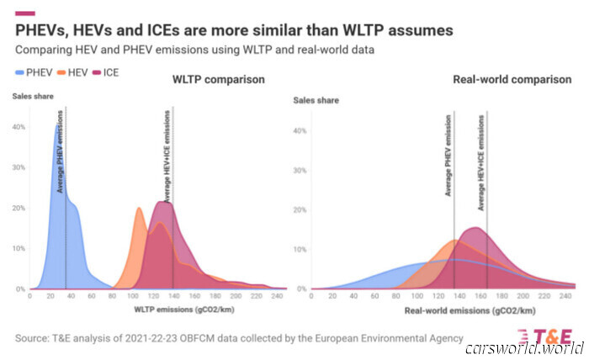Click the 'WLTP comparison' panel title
coord(218,80)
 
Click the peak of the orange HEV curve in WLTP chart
coord(139,208)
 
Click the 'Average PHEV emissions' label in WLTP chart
coord(61,151)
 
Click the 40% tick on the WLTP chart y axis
coord(19,127)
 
